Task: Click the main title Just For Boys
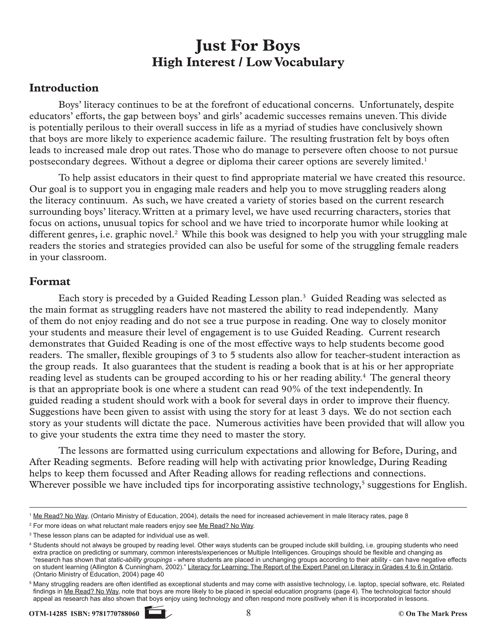tap(248, 46)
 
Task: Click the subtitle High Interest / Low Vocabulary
tap(248, 62)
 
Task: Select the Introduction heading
tap(64, 88)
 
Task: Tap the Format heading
tap(50, 281)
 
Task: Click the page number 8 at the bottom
tap(248, 613)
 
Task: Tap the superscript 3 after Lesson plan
tap(304, 296)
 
